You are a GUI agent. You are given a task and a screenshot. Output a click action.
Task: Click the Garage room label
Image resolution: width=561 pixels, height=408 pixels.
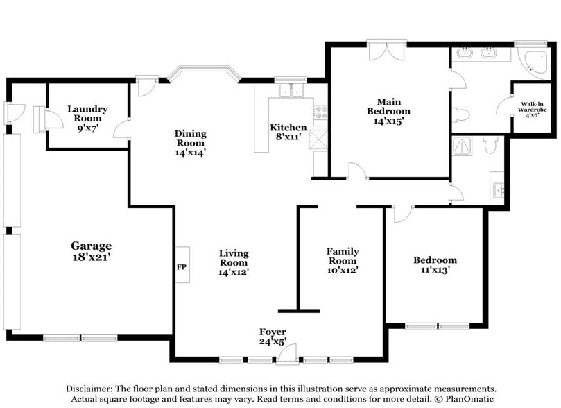click(91, 246)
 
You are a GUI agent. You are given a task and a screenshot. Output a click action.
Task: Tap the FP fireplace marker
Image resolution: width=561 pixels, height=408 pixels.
click(182, 266)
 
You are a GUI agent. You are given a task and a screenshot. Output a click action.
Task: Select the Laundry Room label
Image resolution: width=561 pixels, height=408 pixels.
click(87, 113)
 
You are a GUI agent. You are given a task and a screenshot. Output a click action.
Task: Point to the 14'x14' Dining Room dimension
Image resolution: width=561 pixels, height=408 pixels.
click(190, 152)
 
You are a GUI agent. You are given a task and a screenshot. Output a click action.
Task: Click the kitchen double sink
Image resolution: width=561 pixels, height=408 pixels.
click(291, 90)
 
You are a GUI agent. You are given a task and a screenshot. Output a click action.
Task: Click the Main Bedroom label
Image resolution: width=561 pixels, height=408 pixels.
click(388, 106)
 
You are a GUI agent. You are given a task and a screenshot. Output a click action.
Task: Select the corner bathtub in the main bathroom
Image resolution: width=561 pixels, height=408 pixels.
click(534, 60)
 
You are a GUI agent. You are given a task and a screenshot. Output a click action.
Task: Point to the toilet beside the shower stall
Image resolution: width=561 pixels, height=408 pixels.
click(490, 144)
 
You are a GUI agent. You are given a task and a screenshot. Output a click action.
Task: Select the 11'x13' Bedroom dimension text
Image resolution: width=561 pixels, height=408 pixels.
click(435, 270)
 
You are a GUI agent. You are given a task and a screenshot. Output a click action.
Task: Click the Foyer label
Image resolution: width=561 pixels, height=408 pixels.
click(273, 332)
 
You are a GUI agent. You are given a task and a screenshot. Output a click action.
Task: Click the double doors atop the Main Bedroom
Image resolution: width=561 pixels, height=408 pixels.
click(381, 51)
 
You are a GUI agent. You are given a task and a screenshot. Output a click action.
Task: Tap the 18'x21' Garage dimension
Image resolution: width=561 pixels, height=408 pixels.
click(91, 257)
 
